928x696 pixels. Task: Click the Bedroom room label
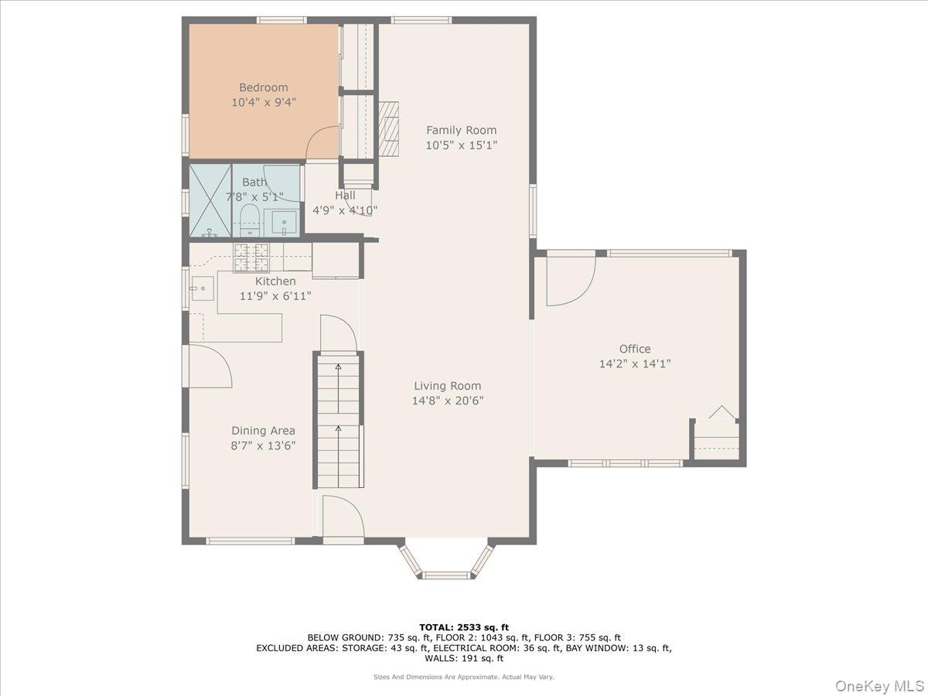click(x=264, y=87)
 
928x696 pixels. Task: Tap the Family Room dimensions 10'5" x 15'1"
click(x=461, y=145)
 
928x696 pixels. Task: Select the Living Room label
click(x=447, y=386)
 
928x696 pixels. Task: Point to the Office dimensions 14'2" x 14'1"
click(x=635, y=363)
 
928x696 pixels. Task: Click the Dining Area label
click(x=263, y=431)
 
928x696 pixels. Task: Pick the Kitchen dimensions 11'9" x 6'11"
click(x=275, y=296)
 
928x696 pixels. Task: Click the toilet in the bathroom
click(x=250, y=220)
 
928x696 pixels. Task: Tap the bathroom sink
click(x=284, y=223)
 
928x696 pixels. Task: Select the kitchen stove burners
click(x=251, y=258)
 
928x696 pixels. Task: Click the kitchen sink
click(x=203, y=288)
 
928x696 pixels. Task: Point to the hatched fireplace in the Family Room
click(x=388, y=129)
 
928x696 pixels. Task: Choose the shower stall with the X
click(x=210, y=201)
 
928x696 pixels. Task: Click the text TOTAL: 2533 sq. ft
click(x=464, y=627)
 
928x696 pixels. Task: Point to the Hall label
click(x=345, y=196)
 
